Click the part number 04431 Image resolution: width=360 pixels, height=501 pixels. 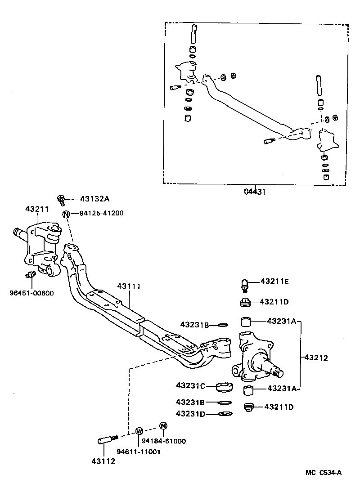tap(256, 191)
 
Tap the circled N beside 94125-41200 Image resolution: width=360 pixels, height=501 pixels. tap(66, 214)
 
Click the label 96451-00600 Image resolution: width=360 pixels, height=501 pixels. tap(31, 293)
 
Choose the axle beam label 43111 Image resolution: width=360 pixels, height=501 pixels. tap(129, 286)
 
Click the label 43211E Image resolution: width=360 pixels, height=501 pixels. tap(275, 282)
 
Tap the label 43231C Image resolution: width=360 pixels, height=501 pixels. tap(190, 386)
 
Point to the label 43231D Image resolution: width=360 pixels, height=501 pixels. tap(190, 414)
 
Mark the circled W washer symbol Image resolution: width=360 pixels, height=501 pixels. tap(139, 431)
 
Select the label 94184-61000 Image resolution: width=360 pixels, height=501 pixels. tap(163, 442)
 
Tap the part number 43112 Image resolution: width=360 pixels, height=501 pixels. tap(103, 461)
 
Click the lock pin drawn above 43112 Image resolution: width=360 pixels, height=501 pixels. tap(108, 439)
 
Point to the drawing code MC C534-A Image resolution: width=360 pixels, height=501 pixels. tap(324, 472)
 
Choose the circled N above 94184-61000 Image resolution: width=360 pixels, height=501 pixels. tap(163, 426)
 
